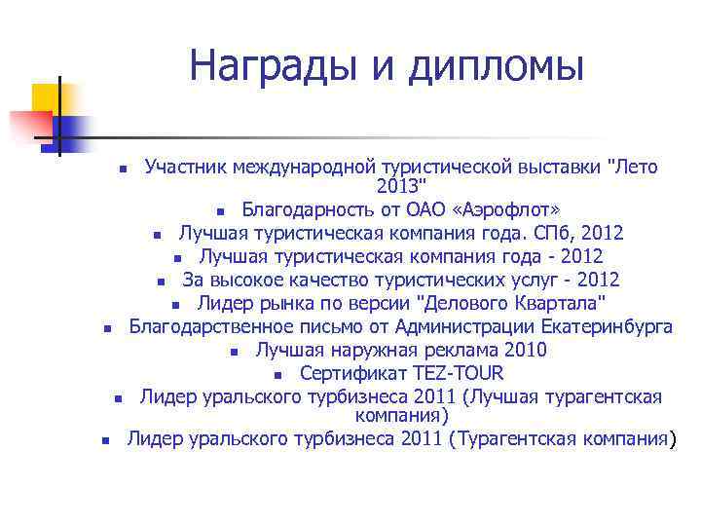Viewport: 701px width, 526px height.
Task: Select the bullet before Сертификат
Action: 278,375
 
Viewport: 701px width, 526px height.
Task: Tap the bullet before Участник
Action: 123,169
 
